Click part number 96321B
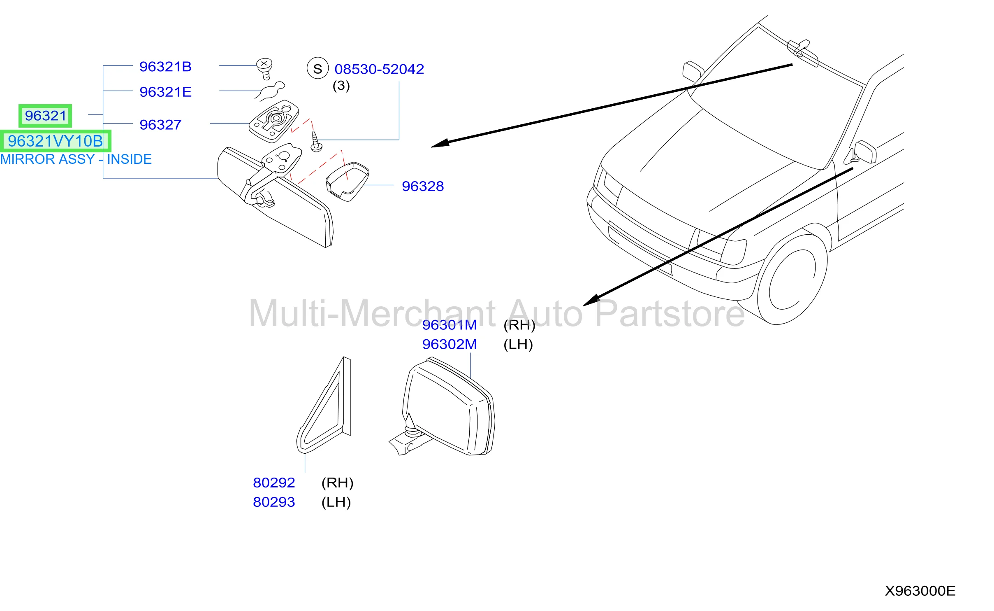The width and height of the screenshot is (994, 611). click(165, 67)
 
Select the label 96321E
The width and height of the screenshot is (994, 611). click(165, 92)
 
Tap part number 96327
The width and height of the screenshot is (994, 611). click(160, 125)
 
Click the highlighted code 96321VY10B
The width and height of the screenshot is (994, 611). click(55, 141)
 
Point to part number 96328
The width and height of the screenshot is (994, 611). click(423, 186)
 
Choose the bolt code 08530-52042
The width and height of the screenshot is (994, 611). click(379, 69)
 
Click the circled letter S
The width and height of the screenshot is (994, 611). click(317, 68)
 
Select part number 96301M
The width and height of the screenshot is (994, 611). click(450, 325)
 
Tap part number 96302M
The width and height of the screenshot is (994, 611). click(450, 344)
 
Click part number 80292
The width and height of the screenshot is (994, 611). click(274, 483)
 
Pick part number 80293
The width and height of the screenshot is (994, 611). click(274, 502)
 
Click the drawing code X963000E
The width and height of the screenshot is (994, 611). click(920, 591)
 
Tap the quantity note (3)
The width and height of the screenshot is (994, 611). click(341, 86)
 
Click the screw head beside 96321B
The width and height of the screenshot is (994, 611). click(264, 64)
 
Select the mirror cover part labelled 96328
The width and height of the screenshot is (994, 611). click(347, 182)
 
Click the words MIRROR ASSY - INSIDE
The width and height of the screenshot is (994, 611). click(76, 159)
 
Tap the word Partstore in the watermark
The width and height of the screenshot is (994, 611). click(670, 314)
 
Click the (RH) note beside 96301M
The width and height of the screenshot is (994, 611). click(519, 325)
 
